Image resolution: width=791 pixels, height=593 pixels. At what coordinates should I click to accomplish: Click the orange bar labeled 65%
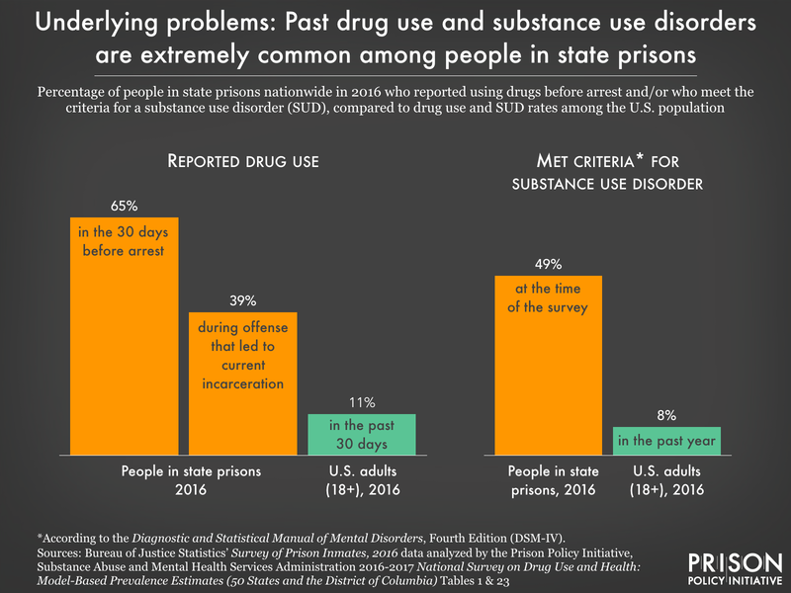[x=124, y=336]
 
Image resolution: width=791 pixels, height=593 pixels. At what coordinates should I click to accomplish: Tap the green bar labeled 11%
[x=362, y=434]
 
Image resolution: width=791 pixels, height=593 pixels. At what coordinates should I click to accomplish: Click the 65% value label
[x=124, y=206]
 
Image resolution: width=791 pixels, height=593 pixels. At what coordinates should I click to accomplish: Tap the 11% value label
[x=362, y=402]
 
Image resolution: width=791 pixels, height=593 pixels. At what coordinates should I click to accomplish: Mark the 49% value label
[x=548, y=264]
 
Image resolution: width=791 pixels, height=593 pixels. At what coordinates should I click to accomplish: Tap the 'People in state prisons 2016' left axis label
[x=184, y=480]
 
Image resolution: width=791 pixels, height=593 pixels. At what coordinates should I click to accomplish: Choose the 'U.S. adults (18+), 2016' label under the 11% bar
[x=362, y=480]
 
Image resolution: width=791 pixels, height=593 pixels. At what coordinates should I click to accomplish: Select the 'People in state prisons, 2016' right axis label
[x=548, y=480]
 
